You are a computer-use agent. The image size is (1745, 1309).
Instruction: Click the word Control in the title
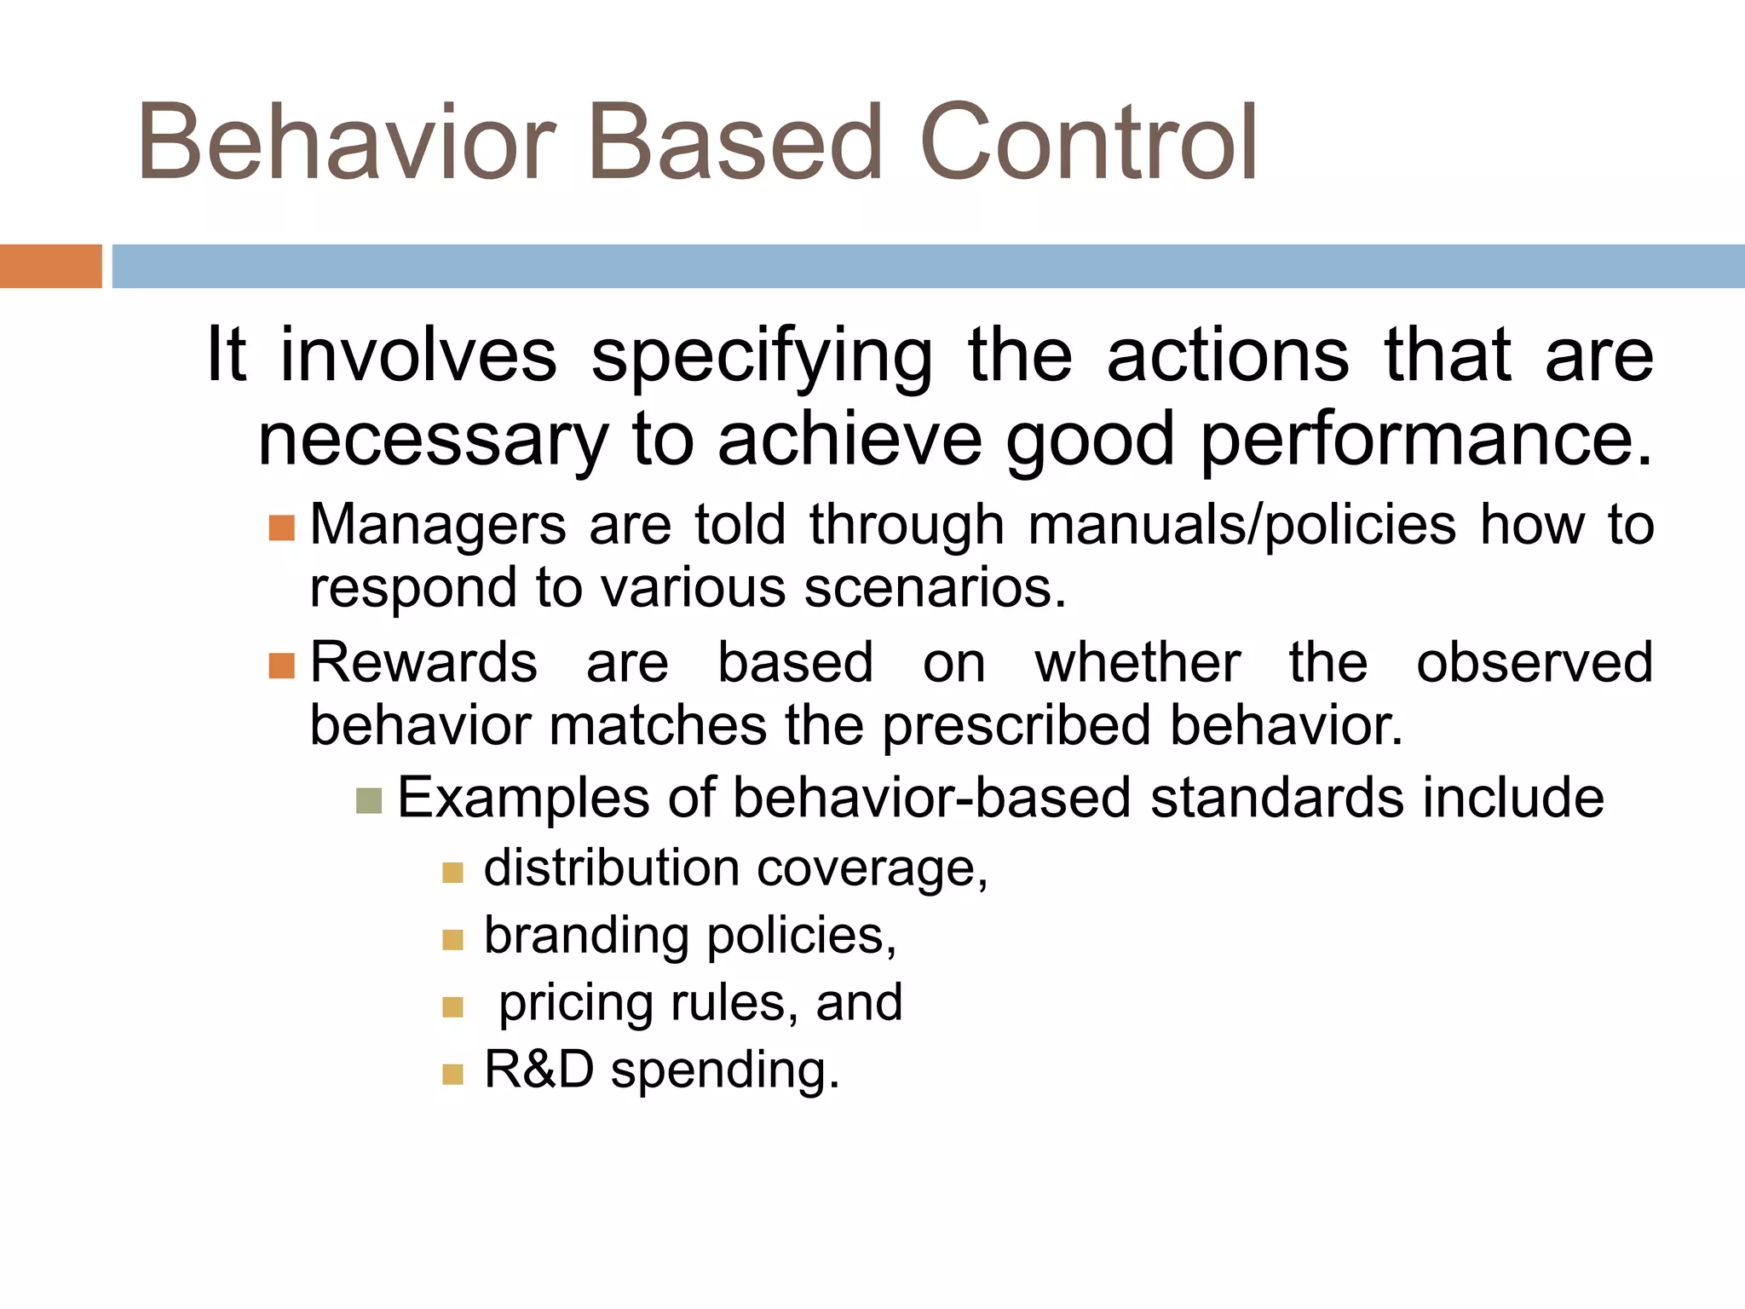coord(1089,143)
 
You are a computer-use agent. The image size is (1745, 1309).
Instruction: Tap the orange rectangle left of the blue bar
coord(50,266)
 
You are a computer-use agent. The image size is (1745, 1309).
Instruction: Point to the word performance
coord(1425,440)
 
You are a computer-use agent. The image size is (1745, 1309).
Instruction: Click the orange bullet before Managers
coord(281,528)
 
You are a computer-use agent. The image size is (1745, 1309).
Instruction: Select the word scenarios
coord(934,588)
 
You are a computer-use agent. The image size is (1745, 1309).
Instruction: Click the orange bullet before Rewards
coord(281,666)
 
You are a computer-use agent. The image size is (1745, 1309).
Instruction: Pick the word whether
coord(1137,662)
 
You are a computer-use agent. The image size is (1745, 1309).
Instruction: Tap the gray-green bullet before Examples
coord(369,801)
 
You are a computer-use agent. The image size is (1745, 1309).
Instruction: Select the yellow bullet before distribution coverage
coord(452,872)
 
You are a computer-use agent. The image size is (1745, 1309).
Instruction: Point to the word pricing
coord(576,1004)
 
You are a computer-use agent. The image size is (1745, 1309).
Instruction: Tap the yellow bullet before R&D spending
coord(452,1074)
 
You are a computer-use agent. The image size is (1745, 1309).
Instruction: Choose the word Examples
coord(524,799)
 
